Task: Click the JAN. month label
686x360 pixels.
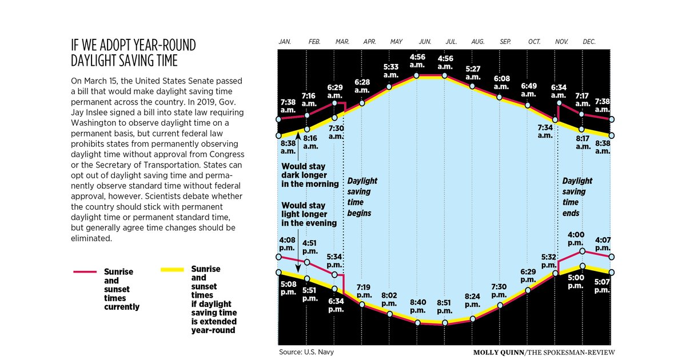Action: tap(285, 42)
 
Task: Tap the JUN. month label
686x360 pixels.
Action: tap(425, 42)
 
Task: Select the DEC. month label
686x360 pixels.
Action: tap(589, 42)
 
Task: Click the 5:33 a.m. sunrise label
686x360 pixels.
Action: tap(390, 71)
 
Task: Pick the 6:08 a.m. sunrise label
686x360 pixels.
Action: tap(501, 82)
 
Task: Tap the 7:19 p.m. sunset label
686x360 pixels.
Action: tap(364, 291)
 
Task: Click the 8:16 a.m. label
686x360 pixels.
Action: tap(310, 142)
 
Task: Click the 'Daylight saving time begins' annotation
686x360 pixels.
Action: tap(362, 197)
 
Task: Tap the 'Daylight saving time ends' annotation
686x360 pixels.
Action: tap(577, 197)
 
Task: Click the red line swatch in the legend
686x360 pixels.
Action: tap(87, 271)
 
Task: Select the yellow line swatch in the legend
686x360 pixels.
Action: tap(171, 269)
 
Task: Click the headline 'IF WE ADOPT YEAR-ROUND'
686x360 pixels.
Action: tap(133, 45)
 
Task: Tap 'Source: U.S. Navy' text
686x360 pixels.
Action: tap(306, 352)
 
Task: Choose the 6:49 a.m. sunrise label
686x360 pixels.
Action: tap(529, 90)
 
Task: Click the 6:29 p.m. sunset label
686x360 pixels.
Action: tap(529, 275)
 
